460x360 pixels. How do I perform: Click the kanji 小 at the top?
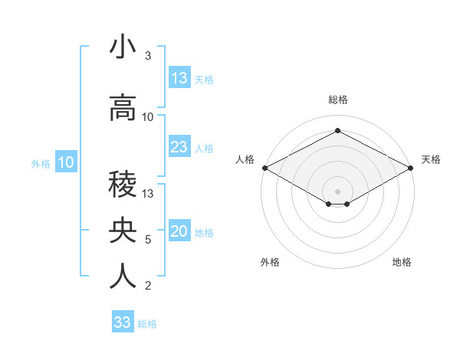click(123, 47)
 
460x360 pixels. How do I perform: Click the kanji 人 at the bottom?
click(123, 277)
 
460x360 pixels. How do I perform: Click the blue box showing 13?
click(179, 78)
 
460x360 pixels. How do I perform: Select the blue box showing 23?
click(179, 147)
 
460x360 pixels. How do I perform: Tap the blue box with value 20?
click(179, 232)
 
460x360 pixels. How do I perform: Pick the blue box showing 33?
click(123, 322)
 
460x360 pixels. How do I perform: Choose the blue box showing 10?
click(66, 162)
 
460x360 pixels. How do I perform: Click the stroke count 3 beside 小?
click(148, 56)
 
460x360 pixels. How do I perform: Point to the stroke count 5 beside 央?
click(148, 240)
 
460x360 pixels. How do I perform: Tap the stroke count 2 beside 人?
click(148, 286)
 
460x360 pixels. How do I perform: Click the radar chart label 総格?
click(337, 100)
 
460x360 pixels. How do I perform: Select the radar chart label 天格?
click(431, 159)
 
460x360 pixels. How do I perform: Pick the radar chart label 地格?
click(402, 263)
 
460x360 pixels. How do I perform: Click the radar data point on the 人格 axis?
click(264, 168)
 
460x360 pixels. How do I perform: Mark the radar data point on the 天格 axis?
click(411, 168)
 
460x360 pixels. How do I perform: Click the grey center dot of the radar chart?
click(337, 191)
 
